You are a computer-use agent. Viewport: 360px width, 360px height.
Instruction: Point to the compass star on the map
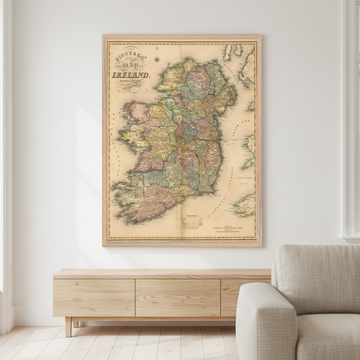[x=156, y=59]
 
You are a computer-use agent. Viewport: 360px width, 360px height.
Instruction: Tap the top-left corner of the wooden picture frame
[x=104, y=36]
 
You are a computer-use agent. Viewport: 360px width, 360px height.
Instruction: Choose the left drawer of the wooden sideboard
[x=94, y=297]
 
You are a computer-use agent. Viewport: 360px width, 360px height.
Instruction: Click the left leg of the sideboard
[x=69, y=326]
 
